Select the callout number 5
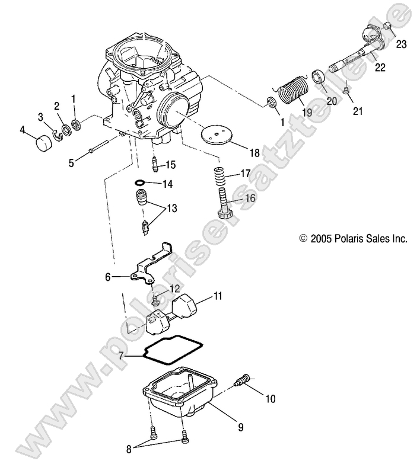[71, 162]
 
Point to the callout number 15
[171, 164]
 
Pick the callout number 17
[246, 175]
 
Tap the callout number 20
[332, 101]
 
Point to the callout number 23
[402, 44]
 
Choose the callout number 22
[380, 68]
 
